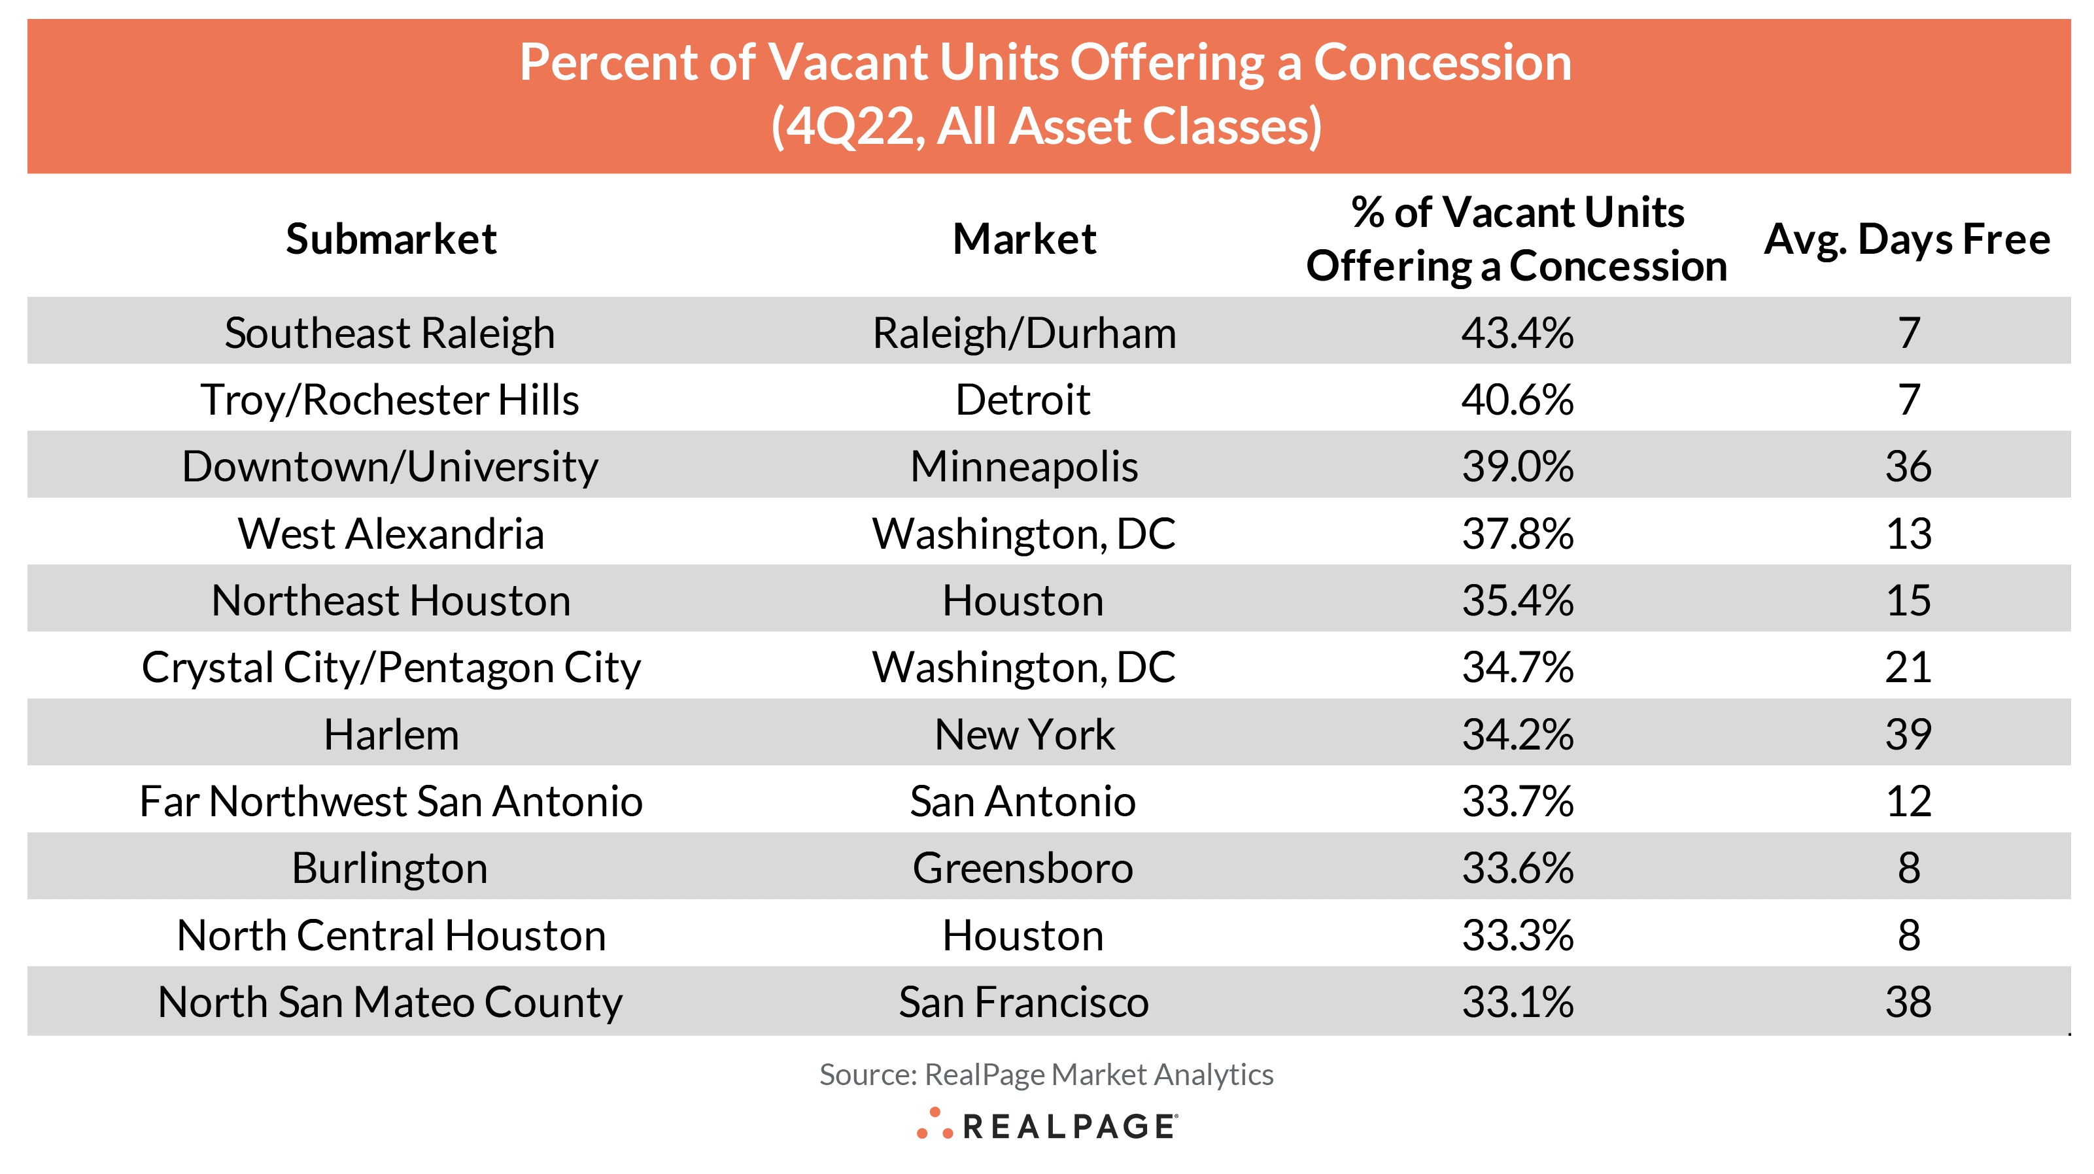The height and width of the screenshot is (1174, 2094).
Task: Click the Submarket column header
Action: point(391,239)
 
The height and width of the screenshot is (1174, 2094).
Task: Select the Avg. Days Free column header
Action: point(1906,239)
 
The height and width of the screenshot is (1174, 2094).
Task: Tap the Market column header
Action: point(1024,239)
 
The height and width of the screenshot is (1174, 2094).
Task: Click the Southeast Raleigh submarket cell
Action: point(390,332)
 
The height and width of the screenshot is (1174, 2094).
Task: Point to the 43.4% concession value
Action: point(1517,332)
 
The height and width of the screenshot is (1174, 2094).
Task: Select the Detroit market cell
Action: point(1023,399)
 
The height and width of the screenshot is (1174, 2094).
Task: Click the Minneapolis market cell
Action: point(1023,466)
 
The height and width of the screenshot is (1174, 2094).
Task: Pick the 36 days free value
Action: point(1908,466)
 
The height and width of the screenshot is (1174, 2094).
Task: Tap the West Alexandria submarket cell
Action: point(391,533)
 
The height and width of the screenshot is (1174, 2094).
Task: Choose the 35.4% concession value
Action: point(1517,600)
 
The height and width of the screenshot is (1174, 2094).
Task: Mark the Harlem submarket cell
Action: point(391,734)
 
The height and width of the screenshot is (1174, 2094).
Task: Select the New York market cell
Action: point(1024,734)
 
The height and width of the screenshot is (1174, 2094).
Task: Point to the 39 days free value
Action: point(1908,734)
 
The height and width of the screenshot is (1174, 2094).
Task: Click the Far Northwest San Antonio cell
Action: point(391,801)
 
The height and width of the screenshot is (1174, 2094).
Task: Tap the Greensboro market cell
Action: point(1023,867)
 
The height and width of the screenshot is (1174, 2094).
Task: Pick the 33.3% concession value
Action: point(1517,935)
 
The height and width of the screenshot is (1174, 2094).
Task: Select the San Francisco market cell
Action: point(1023,1001)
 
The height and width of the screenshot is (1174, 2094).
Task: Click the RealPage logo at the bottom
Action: point(1047,1125)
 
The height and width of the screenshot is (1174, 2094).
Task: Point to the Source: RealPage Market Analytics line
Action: point(1046,1074)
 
